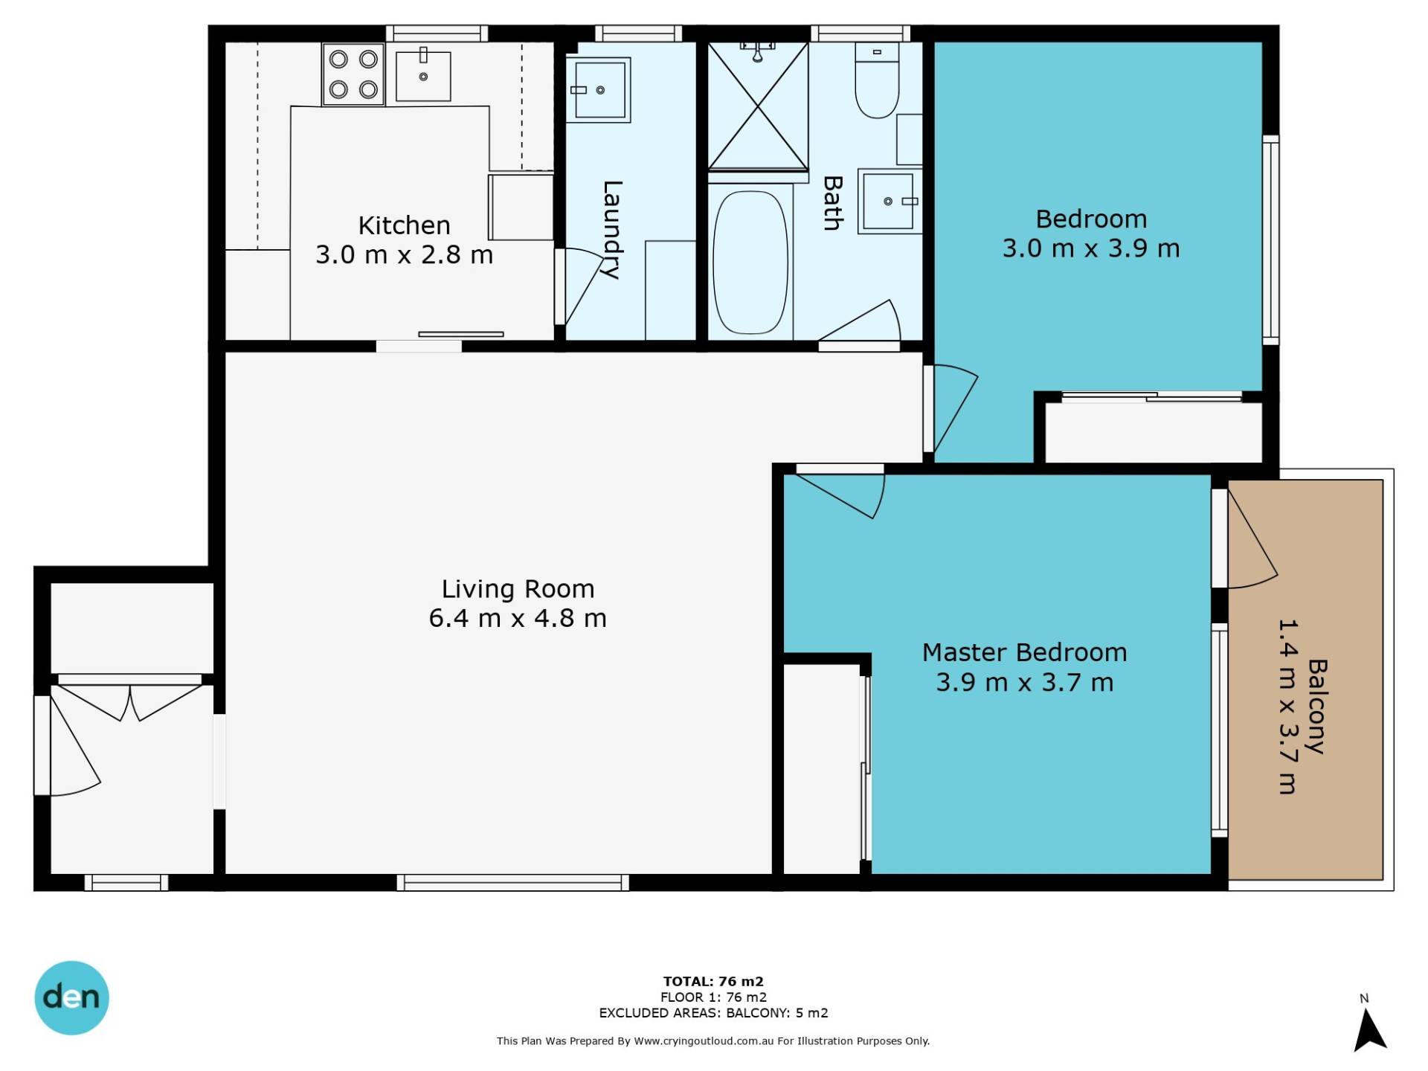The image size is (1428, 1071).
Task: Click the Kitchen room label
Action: (x=404, y=225)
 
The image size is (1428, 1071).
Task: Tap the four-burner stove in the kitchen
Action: (x=353, y=74)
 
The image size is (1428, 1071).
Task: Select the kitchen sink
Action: (x=423, y=76)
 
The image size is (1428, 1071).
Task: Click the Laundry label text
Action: (x=611, y=230)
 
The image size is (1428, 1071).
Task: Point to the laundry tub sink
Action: (x=599, y=90)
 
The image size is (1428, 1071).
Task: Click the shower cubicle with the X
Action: (x=758, y=106)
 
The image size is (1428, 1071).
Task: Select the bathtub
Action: (x=750, y=263)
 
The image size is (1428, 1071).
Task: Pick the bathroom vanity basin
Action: (x=890, y=202)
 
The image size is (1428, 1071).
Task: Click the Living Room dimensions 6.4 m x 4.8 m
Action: (x=518, y=618)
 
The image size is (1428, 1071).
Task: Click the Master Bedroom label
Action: (x=1025, y=652)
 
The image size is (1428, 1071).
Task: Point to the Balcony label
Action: (x=1317, y=707)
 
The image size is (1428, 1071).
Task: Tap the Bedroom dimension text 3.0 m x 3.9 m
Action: (x=1091, y=248)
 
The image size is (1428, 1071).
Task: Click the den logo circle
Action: (x=72, y=998)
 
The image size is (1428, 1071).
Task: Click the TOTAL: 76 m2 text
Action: (x=713, y=981)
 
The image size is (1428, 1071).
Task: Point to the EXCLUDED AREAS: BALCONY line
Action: (x=713, y=1013)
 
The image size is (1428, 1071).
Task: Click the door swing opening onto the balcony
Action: (x=1252, y=540)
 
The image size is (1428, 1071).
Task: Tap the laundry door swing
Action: (x=583, y=286)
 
